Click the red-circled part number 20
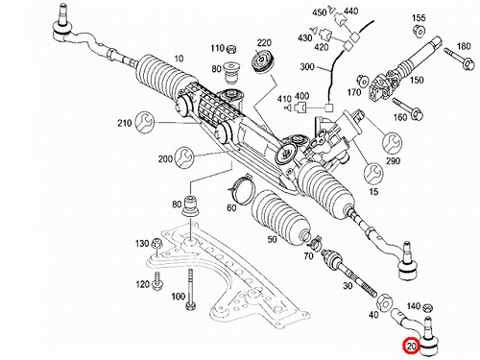(x=411, y=346)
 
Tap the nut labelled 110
(x=231, y=49)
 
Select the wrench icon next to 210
(x=144, y=122)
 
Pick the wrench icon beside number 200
(x=185, y=156)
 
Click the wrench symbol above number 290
(x=393, y=142)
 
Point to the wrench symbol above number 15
(x=373, y=173)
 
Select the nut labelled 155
(x=419, y=31)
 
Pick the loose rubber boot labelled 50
(x=281, y=219)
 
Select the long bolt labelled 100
(x=191, y=289)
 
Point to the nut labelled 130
(x=157, y=245)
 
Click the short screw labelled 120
(x=157, y=281)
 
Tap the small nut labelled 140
(x=427, y=308)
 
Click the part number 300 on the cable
(x=307, y=67)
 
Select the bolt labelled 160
(x=408, y=108)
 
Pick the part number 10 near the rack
(x=179, y=59)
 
